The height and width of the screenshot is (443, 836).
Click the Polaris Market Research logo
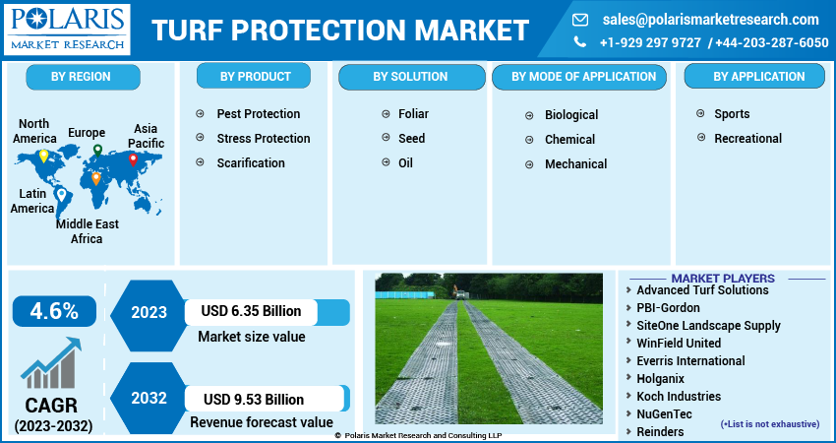[67, 29]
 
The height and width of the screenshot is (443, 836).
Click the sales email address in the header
[710, 20]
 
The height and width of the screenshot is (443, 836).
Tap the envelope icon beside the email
[580, 20]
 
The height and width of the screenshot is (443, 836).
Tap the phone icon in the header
[580, 42]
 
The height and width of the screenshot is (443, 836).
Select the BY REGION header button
[81, 76]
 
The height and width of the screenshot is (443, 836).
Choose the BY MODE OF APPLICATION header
[587, 76]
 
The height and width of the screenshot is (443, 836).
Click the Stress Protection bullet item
[263, 139]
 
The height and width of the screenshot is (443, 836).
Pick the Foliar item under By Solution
[413, 114]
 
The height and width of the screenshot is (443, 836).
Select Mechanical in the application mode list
[575, 164]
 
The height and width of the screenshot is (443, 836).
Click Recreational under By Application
[747, 139]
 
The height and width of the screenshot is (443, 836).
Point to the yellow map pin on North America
[42, 156]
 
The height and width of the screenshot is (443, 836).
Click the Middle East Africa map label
[87, 231]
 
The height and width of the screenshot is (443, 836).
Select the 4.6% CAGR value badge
[54, 311]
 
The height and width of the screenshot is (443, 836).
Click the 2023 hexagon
[149, 312]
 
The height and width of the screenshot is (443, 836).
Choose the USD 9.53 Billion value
[254, 399]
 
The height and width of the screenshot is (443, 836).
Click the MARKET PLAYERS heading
[722, 279]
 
